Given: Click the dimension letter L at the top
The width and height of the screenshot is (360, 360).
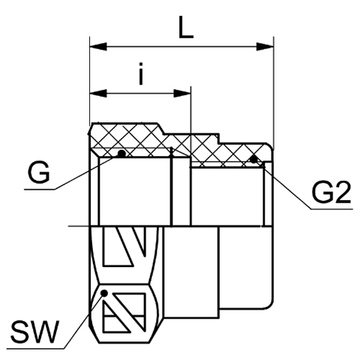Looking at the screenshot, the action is point(186,28).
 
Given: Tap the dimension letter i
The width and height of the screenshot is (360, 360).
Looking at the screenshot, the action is point(141,73).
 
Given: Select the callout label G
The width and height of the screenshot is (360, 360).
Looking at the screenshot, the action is point(39,172).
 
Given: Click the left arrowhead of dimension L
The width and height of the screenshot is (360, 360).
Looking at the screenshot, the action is point(98,46).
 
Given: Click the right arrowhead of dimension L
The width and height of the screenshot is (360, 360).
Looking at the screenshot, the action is point(265,46).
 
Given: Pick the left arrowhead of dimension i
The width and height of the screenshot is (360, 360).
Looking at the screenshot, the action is point(98,93).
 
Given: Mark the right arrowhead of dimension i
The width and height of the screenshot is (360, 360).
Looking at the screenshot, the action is point(182,93).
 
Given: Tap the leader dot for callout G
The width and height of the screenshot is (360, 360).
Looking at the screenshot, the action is point(121,154).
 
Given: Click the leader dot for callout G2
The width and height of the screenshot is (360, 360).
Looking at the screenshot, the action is point(253,159).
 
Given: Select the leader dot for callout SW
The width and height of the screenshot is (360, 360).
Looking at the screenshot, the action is point(104,292).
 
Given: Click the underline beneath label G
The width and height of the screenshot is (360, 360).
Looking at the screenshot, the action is point(40,189).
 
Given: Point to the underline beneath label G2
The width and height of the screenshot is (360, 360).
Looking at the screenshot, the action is point(331,208).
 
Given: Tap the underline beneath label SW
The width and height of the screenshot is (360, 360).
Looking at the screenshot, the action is point(35,348).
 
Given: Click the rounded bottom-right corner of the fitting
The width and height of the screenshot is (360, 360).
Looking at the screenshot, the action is point(270,305).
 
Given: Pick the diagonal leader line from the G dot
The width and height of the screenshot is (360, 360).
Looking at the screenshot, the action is point(88,172).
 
